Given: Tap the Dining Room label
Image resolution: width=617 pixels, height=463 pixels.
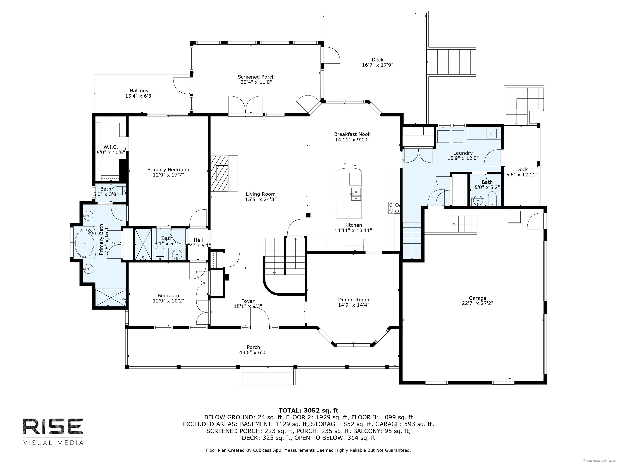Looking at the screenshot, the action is click(x=354, y=300).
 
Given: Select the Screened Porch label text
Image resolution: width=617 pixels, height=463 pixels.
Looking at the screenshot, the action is click(x=256, y=77).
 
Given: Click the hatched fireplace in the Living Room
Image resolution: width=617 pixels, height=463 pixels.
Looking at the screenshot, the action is click(x=219, y=173).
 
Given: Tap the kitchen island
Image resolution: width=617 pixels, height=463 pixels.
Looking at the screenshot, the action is click(x=349, y=193).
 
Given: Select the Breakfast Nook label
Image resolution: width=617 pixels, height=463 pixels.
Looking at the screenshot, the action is click(x=352, y=134).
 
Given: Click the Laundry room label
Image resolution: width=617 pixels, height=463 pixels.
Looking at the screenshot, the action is click(x=463, y=153).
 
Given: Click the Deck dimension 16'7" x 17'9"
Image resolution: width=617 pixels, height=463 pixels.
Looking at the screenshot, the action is click(x=377, y=65).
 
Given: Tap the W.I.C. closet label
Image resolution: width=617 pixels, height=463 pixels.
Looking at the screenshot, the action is click(x=111, y=147).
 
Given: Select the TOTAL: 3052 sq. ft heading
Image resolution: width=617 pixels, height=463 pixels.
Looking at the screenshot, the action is click(x=308, y=411).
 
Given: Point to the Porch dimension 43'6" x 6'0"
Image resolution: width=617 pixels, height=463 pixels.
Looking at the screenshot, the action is click(x=253, y=352).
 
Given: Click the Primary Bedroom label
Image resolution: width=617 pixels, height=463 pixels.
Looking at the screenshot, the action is click(x=168, y=170).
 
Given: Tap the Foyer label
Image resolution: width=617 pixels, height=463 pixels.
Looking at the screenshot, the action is click(x=248, y=301).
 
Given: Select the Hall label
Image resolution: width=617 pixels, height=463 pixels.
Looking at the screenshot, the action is click(x=198, y=240).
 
